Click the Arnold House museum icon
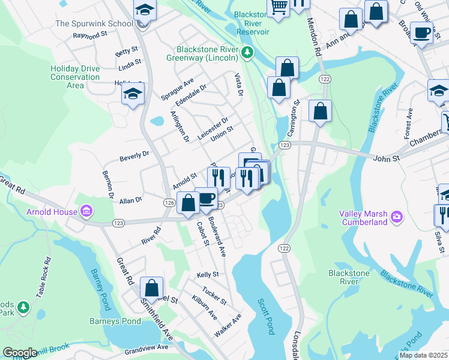87,211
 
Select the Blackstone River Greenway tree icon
247,53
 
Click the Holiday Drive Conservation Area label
75,77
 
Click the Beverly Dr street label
134,157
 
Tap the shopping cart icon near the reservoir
278,7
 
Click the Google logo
20,353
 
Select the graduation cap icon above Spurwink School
144,10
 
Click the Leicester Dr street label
213,129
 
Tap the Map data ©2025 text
423,355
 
